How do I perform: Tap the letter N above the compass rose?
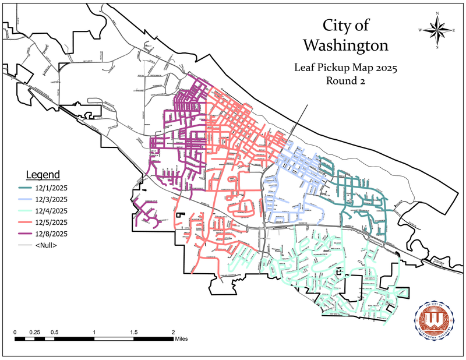(437, 13)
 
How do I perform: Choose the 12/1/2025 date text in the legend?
(54, 188)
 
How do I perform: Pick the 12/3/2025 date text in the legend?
(54, 199)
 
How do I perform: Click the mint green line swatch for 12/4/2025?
(24, 211)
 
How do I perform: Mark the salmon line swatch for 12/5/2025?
(24, 222)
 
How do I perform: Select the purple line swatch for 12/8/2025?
(24, 234)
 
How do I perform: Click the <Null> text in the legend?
(50, 245)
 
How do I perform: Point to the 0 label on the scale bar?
(15, 332)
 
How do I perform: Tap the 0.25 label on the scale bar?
(34, 332)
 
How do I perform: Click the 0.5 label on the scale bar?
(54, 332)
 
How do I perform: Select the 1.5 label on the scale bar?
(134, 332)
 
